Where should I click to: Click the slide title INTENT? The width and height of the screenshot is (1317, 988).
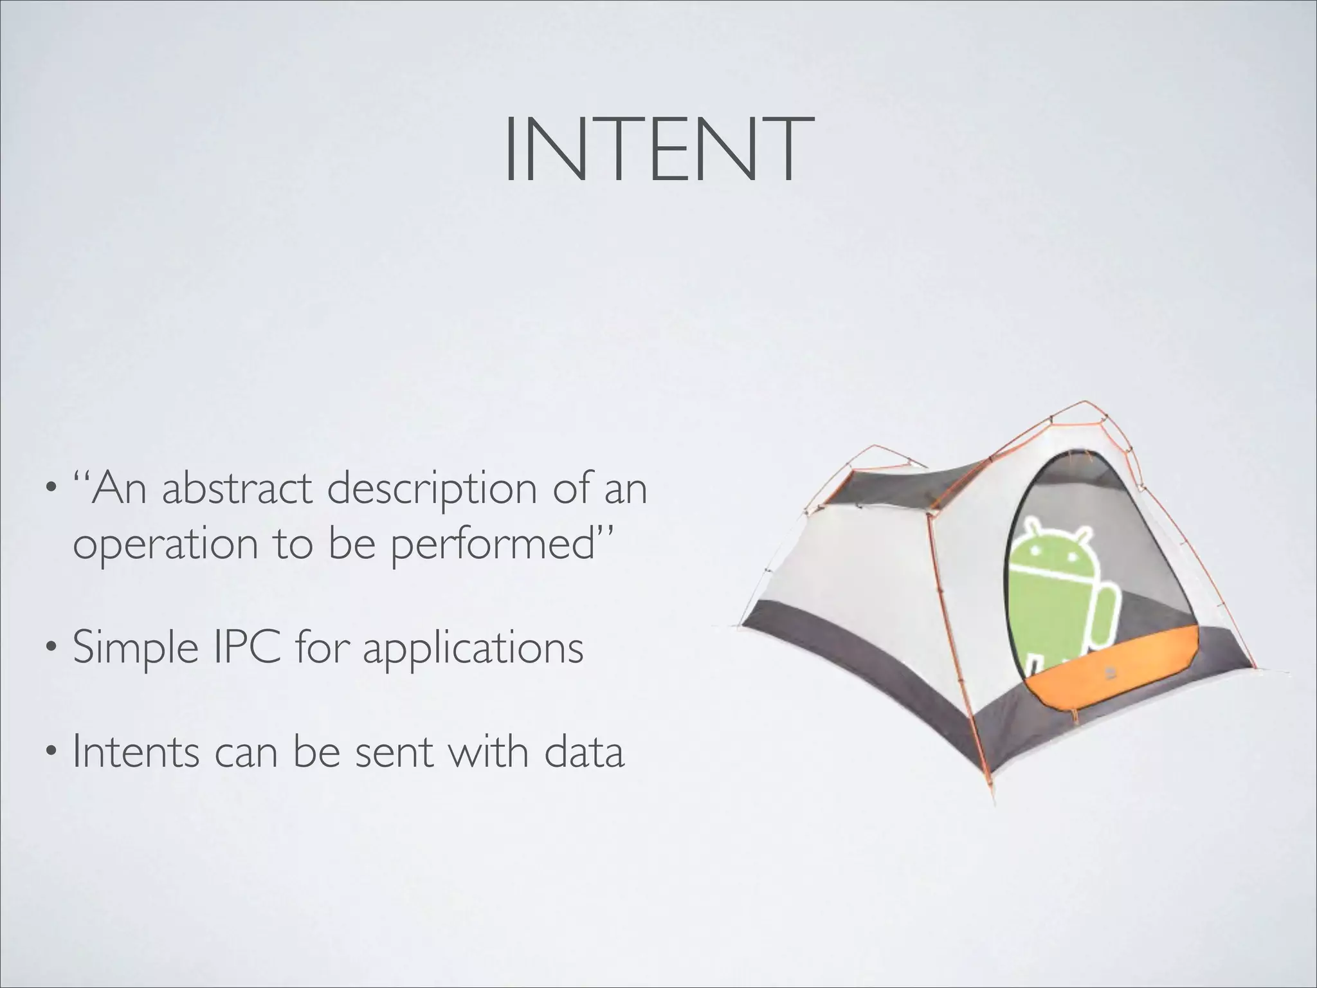click(x=658, y=149)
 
